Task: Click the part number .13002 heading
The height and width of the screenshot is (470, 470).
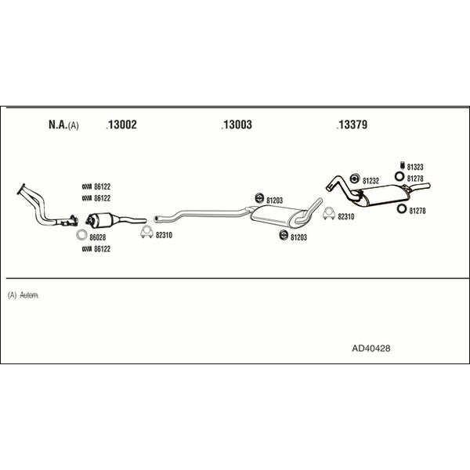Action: [x=121, y=125]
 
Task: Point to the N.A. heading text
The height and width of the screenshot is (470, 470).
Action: [x=58, y=125]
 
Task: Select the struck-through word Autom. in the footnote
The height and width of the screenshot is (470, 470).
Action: [x=29, y=295]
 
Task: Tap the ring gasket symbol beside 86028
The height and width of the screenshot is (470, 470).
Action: [x=82, y=235]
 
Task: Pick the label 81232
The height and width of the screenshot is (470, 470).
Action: [x=371, y=180]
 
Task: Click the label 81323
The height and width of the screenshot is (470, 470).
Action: [x=415, y=166]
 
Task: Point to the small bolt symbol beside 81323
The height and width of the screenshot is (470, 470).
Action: [x=401, y=166]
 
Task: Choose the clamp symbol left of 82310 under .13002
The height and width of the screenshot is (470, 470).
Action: [x=145, y=234]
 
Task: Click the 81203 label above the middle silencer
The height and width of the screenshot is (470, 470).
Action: [x=274, y=200]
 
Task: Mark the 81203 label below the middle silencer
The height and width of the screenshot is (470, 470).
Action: [x=299, y=236]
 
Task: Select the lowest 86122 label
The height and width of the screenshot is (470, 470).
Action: [x=103, y=249]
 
